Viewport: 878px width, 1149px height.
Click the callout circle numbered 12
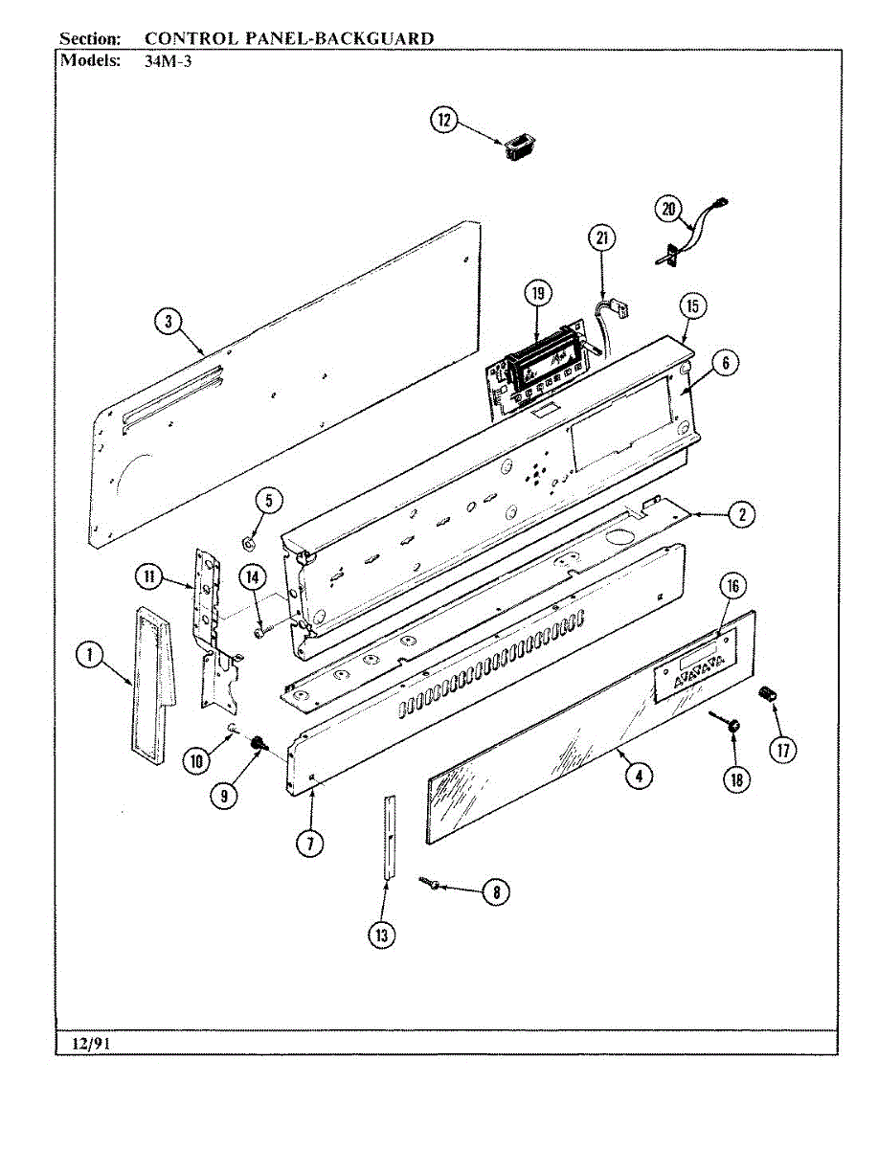point(443,121)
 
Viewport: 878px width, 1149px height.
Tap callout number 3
point(169,322)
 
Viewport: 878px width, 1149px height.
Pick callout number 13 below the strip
point(382,935)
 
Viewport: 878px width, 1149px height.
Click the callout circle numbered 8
point(495,892)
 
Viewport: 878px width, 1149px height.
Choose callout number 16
point(732,585)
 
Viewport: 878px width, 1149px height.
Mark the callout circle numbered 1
point(89,655)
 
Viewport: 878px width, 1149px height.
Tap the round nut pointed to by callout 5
point(247,545)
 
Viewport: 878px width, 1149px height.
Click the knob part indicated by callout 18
point(732,729)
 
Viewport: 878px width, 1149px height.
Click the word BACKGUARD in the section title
point(370,39)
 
